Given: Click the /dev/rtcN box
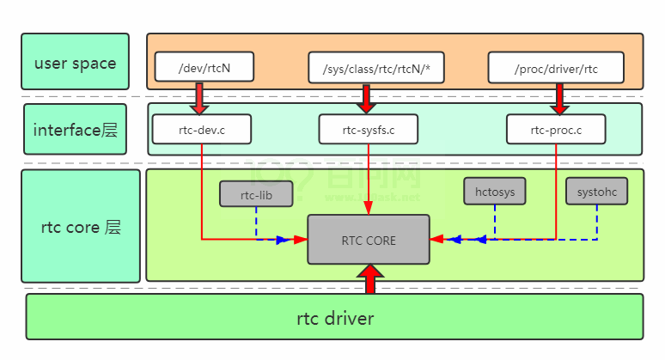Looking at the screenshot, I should coord(203,68).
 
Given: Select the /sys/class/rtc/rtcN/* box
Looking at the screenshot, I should coord(375,68).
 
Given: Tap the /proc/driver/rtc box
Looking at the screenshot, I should coord(555,68).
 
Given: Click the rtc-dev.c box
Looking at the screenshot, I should coord(202,129).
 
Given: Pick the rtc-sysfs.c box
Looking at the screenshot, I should coord(369,129).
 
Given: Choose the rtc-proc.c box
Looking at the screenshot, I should coord(556,129).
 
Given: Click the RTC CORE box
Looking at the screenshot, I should coord(369,240).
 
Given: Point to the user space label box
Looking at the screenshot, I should coord(75,62).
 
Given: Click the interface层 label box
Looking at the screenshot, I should coord(75,130).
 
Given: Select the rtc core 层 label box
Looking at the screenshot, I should coord(80,227).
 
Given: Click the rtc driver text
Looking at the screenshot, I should coord(335,319).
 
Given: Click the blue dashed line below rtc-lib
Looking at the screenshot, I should coord(256,223).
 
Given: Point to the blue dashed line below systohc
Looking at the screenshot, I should coord(597,222).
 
